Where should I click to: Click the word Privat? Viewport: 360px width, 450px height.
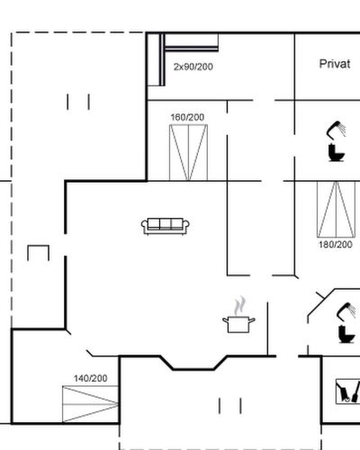[x=335, y=64]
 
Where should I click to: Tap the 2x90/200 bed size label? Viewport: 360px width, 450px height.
[x=193, y=67]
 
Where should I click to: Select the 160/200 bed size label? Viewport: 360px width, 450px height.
[x=187, y=117]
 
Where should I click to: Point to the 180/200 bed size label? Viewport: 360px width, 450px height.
[x=336, y=245]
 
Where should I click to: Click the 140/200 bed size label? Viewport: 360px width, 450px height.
[x=91, y=378]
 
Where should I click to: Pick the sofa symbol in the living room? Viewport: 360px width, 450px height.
[x=166, y=226]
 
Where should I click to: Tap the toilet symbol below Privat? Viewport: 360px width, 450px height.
[x=336, y=153]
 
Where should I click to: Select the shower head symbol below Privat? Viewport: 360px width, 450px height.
[x=336, y=130]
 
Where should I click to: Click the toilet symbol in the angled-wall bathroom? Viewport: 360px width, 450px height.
[x=346, y=335]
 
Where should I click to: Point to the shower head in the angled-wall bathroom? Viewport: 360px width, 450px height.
[x=346, y=311]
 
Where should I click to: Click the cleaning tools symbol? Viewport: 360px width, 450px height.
[x=347, y=391]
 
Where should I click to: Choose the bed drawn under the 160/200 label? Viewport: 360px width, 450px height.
[x=188, y=153]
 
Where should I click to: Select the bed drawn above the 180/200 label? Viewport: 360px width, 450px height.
[x=337, y=209]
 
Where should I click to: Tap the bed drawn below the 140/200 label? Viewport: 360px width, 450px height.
[x=90, y=404]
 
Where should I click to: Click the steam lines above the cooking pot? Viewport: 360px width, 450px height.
[x=240, y=306]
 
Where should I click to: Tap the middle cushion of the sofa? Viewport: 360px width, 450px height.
[x=166, y=224]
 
